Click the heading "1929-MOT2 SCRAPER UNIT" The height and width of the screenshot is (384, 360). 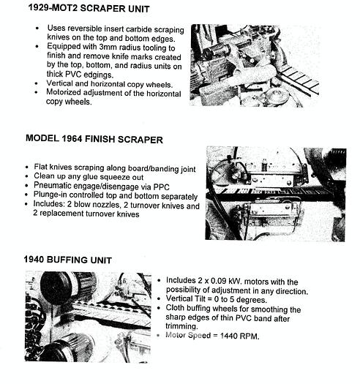pos(89,8)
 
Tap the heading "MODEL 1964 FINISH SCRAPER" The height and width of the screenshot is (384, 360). pos(94,139)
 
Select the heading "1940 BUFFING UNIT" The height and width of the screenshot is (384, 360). pos(67,260)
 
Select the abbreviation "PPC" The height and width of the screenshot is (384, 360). pos(161,187)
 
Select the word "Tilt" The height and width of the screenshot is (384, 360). pos(200,298)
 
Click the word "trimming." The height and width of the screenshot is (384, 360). pos(181,326)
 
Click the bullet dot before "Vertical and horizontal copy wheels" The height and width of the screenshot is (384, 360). pos(37,83)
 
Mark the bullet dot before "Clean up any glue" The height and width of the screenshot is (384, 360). pos(27,176)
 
